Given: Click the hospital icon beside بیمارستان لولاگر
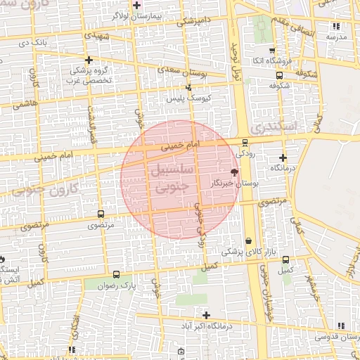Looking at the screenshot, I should pos(137,6).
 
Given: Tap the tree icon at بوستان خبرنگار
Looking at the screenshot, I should pos(234,172).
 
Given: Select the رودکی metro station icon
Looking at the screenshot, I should pos(245,142).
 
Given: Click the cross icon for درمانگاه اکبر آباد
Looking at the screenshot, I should pos(205,315).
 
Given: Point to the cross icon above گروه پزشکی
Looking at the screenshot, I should pos(89,60).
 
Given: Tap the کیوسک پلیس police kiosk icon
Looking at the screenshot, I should pos(188,88).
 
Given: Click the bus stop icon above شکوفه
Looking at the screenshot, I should pos(279,75).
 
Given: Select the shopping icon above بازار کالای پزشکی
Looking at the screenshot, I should pos(248,241).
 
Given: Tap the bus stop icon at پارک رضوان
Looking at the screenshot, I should pos(116,275).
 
